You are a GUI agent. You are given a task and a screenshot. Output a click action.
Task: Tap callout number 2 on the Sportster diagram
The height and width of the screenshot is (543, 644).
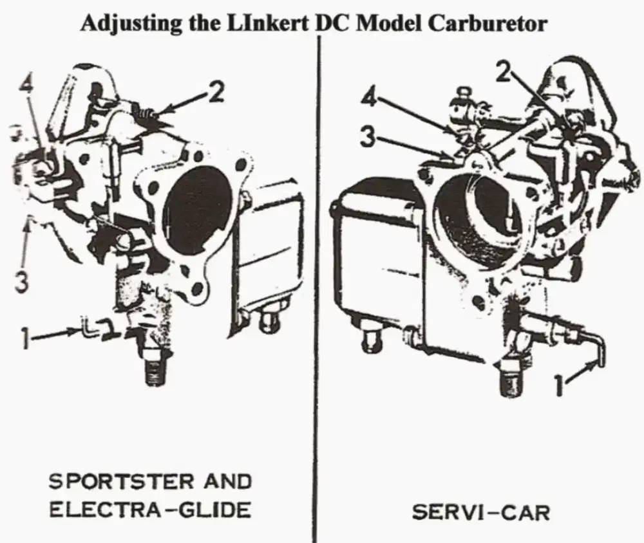click(216, 94)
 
